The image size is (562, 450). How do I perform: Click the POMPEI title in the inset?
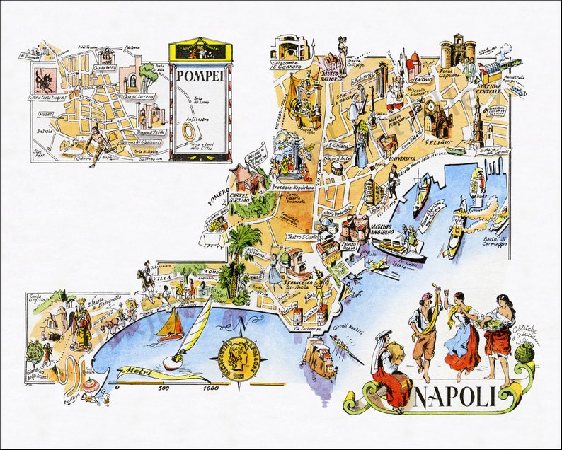(200, 76)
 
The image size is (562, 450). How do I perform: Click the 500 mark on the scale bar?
(164, 388)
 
